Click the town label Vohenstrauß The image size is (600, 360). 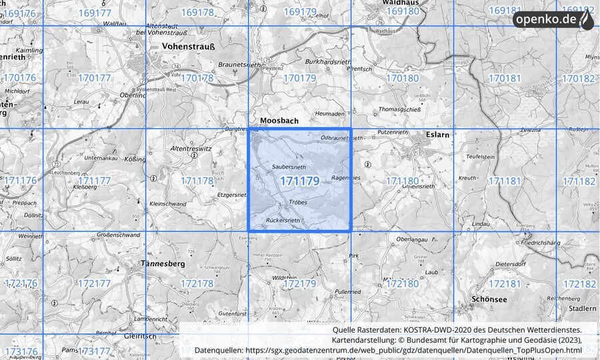coord(187,47)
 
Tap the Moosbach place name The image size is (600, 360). coord(279,121)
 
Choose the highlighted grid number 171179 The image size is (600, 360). coord(299,181)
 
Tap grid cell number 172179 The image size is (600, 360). coord(299,283)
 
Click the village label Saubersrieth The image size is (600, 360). coord(289,166)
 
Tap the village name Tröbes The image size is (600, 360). coord(297,202)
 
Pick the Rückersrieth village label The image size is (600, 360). coord(284,219)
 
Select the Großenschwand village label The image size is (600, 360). coord(119,235)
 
